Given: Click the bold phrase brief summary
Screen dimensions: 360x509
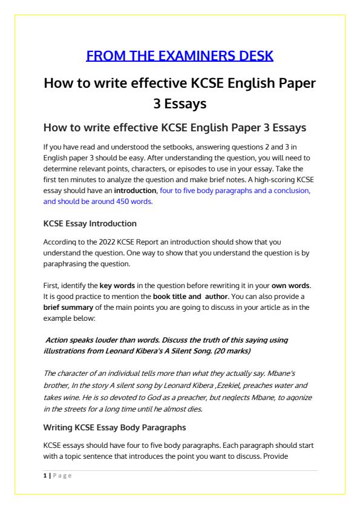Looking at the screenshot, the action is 67,307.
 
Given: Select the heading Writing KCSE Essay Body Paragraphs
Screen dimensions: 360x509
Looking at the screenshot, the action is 114,427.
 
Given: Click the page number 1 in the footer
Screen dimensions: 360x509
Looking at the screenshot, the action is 45,475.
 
